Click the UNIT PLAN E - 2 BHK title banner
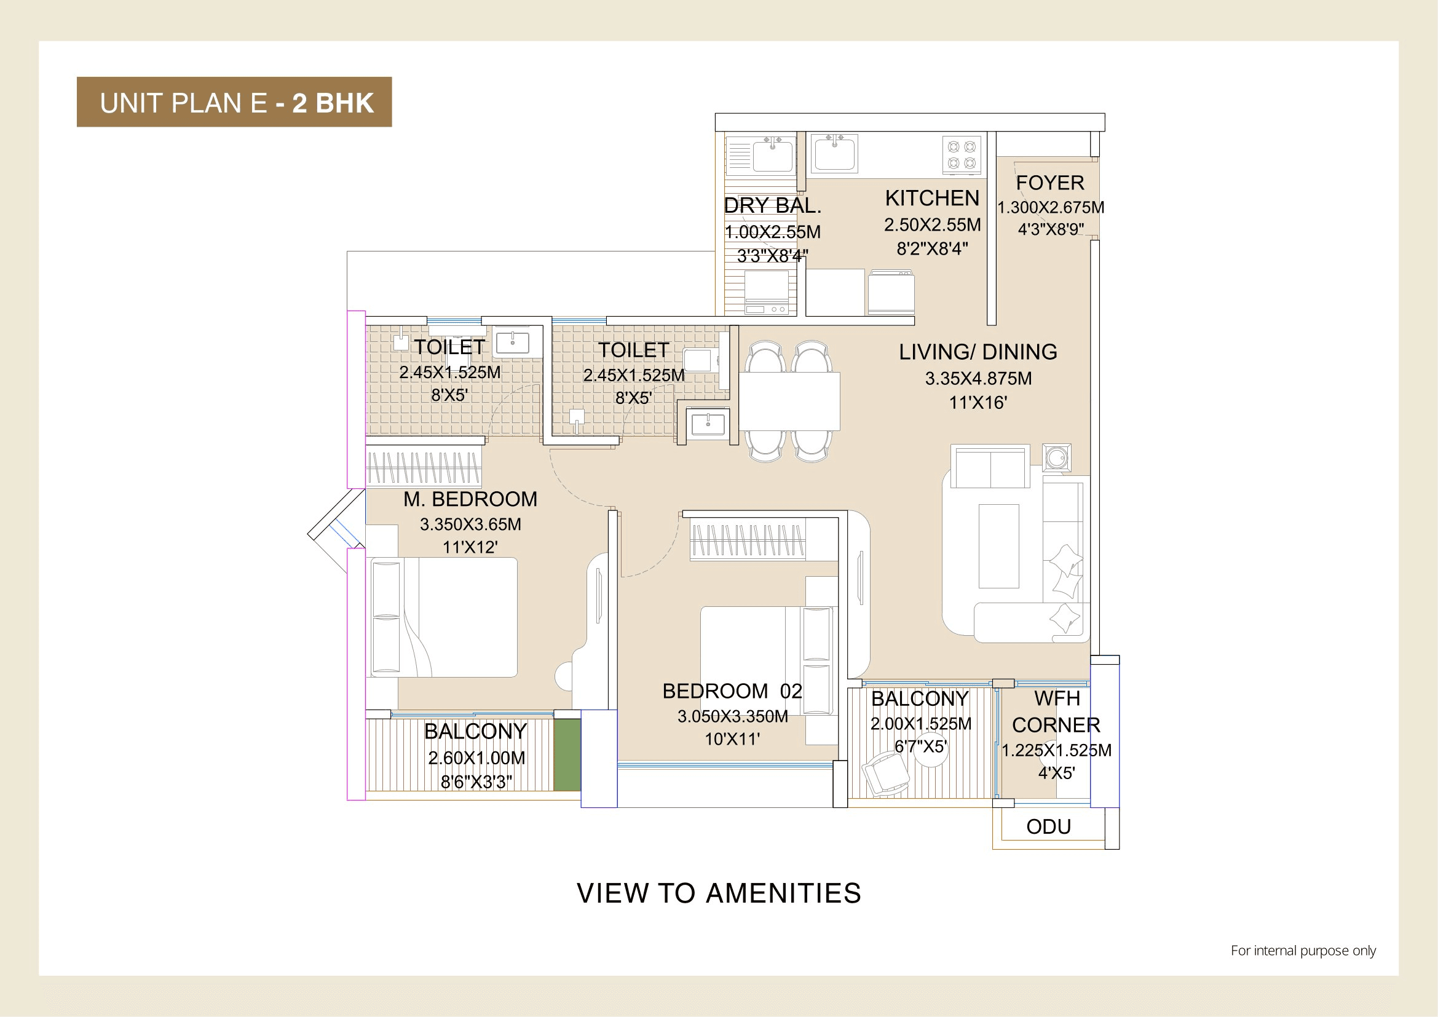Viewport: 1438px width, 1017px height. click(x=234, y=102)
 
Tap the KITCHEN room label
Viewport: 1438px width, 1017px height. click(x=931, y=198)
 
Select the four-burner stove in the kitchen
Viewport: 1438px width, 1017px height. click(x=962, y=155)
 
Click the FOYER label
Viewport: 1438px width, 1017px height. click(x=1049, y=183)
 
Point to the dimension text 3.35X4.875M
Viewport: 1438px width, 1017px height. click(x=978, y=378)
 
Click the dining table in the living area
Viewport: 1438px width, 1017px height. click(x=789, y=401)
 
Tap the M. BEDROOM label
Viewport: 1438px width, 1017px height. click(x=470, y=499)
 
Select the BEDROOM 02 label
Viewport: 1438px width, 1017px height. click(x=732, y=691)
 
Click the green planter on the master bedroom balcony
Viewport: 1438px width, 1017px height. click(x=567, y=754)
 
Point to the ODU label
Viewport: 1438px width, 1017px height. click(x=1048, y=826)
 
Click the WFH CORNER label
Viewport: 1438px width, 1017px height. click(x=1056, y=711)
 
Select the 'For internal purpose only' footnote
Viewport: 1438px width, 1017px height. click(x=1303, y=950)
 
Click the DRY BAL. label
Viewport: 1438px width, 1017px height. click(x=772, y=205)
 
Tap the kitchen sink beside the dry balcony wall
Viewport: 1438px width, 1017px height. click(x=834, y=154)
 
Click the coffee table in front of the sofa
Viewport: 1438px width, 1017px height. click(x=998, y=546)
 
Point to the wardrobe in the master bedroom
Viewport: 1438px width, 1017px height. click(x=424, y=468)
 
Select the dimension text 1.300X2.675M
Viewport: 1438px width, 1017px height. click(x=1050, y=207)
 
